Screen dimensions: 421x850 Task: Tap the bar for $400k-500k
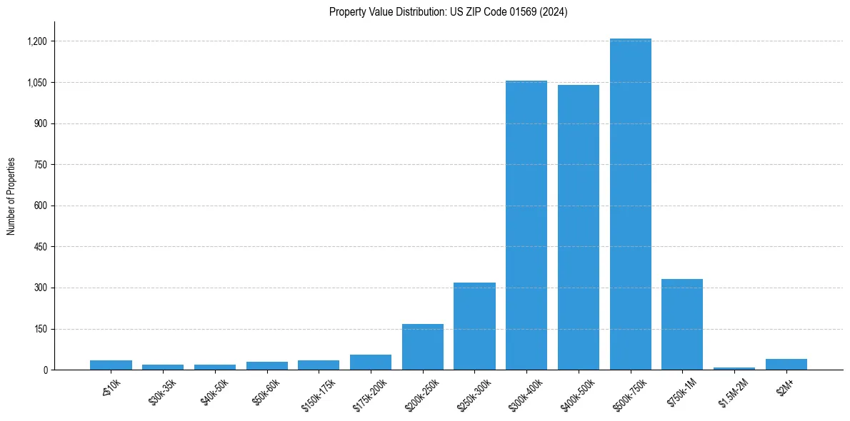tap(579, 228)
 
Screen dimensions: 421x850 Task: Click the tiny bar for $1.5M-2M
tap(734, 368)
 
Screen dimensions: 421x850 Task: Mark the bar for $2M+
tap(786, 365)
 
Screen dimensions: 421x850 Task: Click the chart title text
tap(449, 12)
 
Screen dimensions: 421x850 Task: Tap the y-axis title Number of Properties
tap(11, 196)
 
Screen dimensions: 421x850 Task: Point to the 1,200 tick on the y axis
tap(37, 41)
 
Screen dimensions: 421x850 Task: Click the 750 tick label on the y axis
tap(40, 165)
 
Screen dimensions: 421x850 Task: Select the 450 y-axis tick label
tap(40, 247)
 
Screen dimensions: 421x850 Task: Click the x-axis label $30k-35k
tap(163, 391)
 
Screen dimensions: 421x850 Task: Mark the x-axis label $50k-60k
tap(266, 391)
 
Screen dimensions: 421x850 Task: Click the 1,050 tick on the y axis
tap(37, 83)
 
